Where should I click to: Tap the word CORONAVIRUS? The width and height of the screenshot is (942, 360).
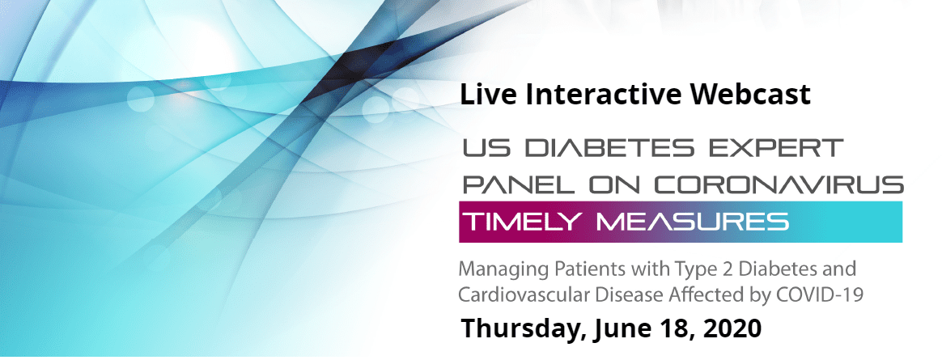tap(779, 184)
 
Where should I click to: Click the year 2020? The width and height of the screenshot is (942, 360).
tap(732, 328)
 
